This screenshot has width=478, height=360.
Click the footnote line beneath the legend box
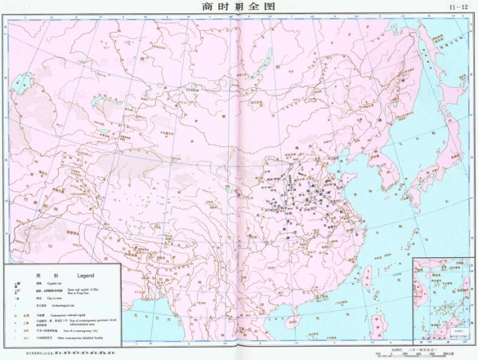click(73, 352)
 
